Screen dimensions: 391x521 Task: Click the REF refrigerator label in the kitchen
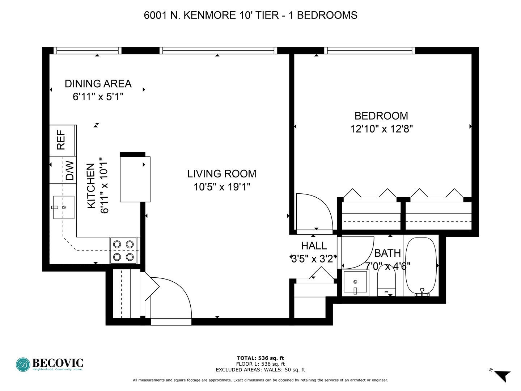click(x=61, y=140)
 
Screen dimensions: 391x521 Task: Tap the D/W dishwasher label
click(x=69, y=170)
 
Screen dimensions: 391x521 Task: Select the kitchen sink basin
click(x=64, y=207)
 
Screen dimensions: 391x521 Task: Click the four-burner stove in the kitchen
click(x=123, y=251)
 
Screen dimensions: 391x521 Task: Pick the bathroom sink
click(x=355, y=282)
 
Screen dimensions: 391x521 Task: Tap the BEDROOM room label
click(x=381, y=116)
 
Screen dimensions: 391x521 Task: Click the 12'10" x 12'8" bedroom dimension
click(x=381, y=129)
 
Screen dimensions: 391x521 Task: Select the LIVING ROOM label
click(x=221, y=174)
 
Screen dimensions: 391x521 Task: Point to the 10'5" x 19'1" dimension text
click(x=221, y=187)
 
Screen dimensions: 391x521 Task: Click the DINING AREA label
click(x=98, y=84)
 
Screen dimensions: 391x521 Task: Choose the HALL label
click(x=314, y=246)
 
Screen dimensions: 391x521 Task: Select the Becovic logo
click(x=50, y=364)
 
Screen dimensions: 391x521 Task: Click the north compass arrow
click(x=502, y=375)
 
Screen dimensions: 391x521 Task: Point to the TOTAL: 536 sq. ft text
click(x=260, y=358)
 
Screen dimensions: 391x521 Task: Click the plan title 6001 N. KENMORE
click(x=250, y=15)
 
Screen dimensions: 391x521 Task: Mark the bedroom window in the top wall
click(x=369, y=51)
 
